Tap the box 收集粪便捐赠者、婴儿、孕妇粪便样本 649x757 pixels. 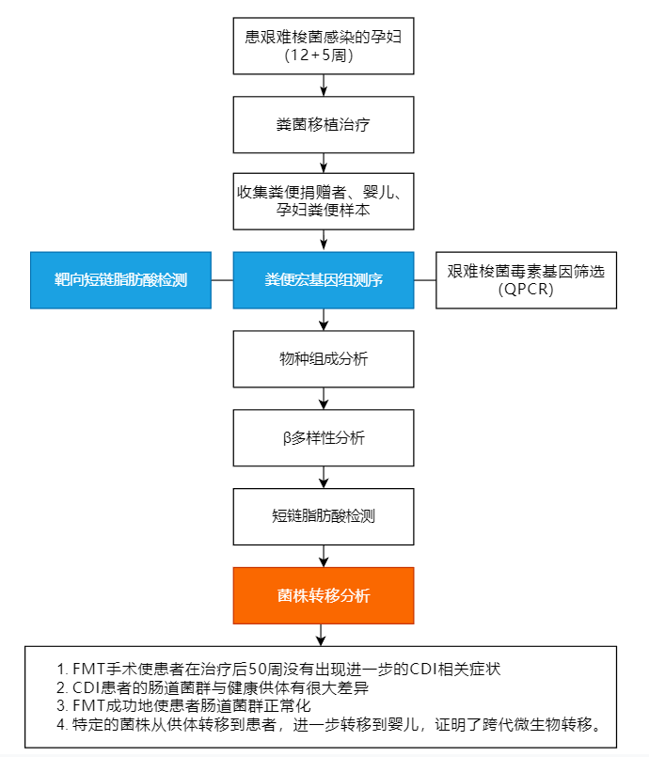click(324, 200)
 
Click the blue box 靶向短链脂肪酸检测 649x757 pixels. click(120, 280)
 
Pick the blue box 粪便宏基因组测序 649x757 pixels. click(324, 280)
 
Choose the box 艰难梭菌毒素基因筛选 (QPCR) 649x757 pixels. click(526, 280)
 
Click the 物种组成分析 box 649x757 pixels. click(324, 360)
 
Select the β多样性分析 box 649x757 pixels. click(324, 439)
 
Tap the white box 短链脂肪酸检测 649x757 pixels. click(324, 517)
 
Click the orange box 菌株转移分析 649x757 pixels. click(324, 595)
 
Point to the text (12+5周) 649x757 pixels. click(324, 55)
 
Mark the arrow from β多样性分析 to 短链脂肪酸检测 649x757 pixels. click(324, 478)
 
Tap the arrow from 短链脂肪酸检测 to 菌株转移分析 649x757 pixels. click(324, 556)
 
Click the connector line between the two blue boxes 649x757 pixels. click(222, 280)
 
